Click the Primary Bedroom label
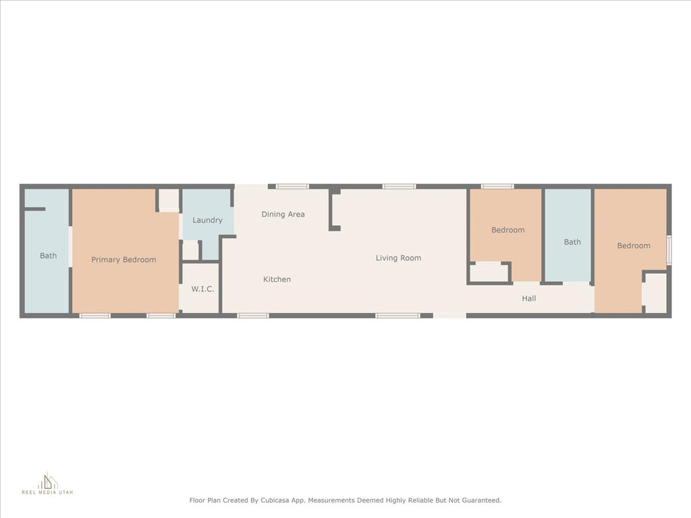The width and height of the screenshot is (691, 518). pyautogui.click(x=123, y=260)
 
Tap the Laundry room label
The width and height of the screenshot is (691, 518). pyautogui.click(x=207, y=221)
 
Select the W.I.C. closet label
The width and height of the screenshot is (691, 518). pyautogui.click(x=202, y=289)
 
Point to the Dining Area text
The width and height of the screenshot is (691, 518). pyautogui.click(x=283, y=214)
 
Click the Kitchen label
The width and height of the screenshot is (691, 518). pyautogui.click(x=277, y=279)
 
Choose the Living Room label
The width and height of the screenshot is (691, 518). pyautogui.click(x=398, y=258)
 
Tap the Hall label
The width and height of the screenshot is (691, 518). pyautogui.click(x=529, y=299)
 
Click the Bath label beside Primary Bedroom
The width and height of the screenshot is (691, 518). pyautogui.click(x=48, y=256)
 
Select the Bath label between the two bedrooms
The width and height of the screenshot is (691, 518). pyautogui.click(x=572, y=242)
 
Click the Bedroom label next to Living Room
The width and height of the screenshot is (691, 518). pyautogui.click(x=507, y=230)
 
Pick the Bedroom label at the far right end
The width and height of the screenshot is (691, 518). pyautogui.click(x=633, y=246)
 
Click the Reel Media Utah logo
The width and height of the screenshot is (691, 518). pyautogui.click(x=48, y=483)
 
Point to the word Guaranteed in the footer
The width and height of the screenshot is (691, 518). pyautogui.click(x=482, y=500)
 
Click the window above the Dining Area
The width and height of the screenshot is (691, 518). pyautogui.click(x=292, y=187)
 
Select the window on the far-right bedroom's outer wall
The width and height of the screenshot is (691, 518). pyautogui.click(x=669, y=250)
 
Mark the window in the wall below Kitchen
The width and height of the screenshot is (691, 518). pyautogui.click(x=252, y=316)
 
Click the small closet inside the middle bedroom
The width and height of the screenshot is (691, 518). pyautogui.click(x=489, y=273)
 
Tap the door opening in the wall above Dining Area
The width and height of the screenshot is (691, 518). pyautogui.click(x=251, y=187)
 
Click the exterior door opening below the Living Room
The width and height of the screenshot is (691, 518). pyautogui.click(x=449, y=316)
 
